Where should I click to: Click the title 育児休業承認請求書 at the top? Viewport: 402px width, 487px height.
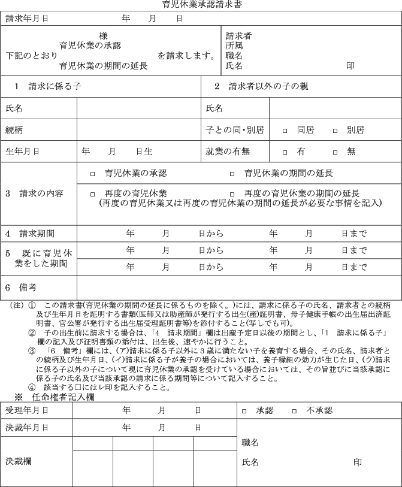pos(202,5)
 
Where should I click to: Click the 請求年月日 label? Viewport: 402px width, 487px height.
pos(27,19)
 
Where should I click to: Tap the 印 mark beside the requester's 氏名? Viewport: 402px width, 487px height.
pos(350,66)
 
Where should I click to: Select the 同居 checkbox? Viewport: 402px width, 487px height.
pos(285,130)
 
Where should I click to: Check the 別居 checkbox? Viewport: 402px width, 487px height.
pos(335,130)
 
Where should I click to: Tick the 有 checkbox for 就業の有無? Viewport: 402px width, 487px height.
pos(285,152)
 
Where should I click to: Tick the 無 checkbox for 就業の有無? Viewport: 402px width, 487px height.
pos(335,152)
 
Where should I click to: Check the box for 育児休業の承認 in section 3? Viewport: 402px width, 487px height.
pos(92,174)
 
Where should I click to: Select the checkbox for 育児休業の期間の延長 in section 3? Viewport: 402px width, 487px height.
pos(232,174)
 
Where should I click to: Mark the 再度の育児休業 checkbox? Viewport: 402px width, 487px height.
pos(92,194)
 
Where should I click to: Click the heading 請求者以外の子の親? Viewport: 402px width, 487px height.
pos(268,86)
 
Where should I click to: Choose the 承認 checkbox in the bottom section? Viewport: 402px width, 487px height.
pos(244,411)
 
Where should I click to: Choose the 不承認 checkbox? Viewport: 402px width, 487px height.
pos(294,411)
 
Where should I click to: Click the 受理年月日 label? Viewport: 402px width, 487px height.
pos(27,410)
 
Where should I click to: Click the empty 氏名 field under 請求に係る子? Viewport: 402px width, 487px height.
pos(138,108)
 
